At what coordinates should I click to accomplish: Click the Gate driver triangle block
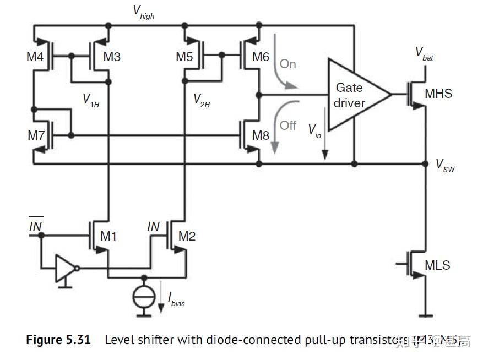[x=352, y=95]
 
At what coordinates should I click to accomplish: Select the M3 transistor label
[x=112, y=56]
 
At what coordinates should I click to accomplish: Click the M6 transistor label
[x=261, y=56]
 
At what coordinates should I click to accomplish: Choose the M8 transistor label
[x=261, y=135]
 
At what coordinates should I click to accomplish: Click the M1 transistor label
[x=108, y=236]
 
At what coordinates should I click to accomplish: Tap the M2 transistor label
[x=187, y=236]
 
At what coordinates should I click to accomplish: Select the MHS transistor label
[x=438, y=94]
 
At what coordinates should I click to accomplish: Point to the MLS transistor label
[x=437, y=265]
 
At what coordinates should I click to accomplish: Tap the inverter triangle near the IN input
[x=65, y=268]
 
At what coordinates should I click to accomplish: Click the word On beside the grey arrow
[x=287, y=64]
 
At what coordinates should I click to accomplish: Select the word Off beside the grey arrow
[x=287, y=126]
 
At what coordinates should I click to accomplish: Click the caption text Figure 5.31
[x=58, y=340]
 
